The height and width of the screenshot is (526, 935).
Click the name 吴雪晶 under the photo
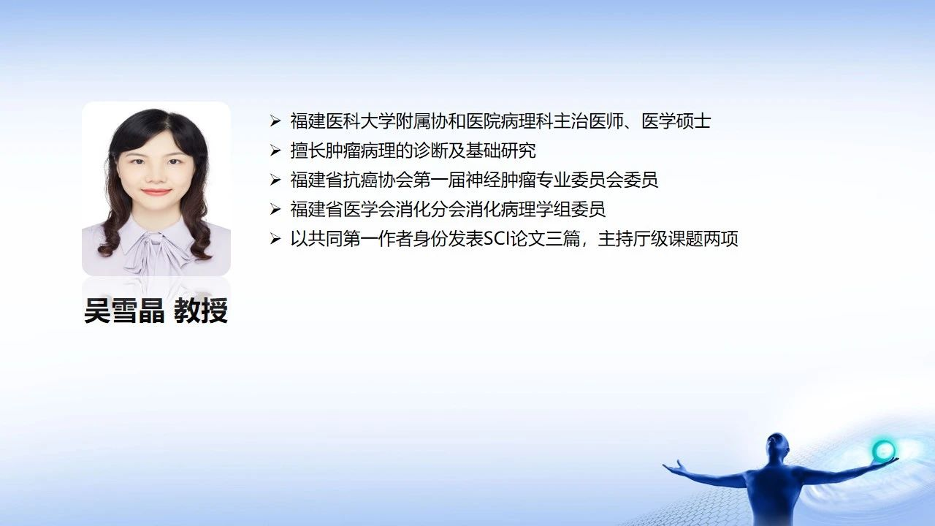click(x=124, y=310)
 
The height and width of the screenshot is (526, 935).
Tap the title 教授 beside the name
click(x=201, y=310)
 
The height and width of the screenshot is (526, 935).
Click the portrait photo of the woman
click(x=156, y=188)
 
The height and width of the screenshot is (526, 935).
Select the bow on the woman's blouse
click(x=156, y=251)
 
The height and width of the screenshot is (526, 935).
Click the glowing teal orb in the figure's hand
click(x=884, y=450)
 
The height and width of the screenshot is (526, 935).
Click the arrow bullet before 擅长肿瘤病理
click(x=275, y=150)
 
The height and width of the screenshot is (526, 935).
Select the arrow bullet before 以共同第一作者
click(x=275, y=239)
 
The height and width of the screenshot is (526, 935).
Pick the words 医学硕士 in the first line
click(x=676, y=121)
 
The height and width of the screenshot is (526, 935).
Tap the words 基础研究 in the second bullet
click(x=501, y=150)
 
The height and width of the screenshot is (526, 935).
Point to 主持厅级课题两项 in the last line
click(x=668, y=239)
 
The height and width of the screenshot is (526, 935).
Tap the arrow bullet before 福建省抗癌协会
click(x=275, y=180)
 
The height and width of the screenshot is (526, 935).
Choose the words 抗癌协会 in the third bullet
click(x=378, y=180)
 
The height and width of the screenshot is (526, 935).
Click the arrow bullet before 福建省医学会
click(x=275, y=209)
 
